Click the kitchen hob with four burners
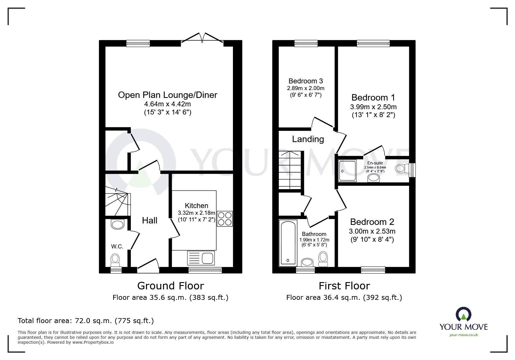224,218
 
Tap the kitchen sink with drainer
201,258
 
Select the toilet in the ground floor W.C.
115,260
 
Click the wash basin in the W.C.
118,225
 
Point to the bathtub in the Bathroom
288,243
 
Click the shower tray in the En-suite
347,171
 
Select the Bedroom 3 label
306,81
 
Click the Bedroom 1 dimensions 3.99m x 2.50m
373,107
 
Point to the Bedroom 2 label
372,222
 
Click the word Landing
308,139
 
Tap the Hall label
149,221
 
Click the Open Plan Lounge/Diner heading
167,95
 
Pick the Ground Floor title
170,286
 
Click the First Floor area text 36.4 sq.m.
344,298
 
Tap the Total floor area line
86,321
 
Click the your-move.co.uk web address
464,335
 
